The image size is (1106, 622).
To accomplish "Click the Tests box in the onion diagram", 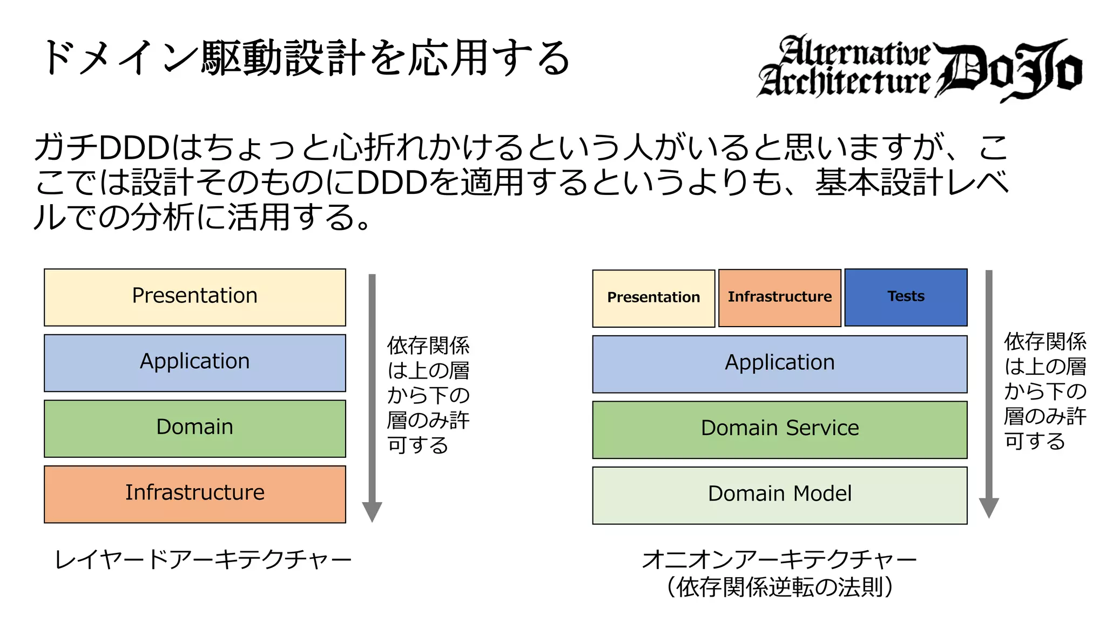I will (906, 297).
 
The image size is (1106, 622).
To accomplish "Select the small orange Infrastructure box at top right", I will (779, 298).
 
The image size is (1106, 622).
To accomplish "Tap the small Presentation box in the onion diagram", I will (653, 298).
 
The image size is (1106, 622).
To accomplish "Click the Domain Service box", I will (779, 429).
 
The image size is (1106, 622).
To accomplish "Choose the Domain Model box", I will (779, 495).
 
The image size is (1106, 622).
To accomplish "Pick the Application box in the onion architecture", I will (779, 363).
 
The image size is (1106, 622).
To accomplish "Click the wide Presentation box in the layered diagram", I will (194, 297).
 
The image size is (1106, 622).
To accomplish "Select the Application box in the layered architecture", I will (194, 362).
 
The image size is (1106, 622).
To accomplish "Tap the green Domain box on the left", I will (194, 428).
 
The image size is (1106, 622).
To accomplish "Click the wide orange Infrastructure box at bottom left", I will (194, 493).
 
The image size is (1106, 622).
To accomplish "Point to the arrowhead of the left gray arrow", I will (372, 511).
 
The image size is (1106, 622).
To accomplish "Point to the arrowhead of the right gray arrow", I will (989, 507).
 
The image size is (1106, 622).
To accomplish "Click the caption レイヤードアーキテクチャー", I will (203, 559).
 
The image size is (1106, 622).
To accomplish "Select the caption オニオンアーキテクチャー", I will (779, 559).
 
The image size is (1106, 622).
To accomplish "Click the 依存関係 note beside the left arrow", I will (428, 346).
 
